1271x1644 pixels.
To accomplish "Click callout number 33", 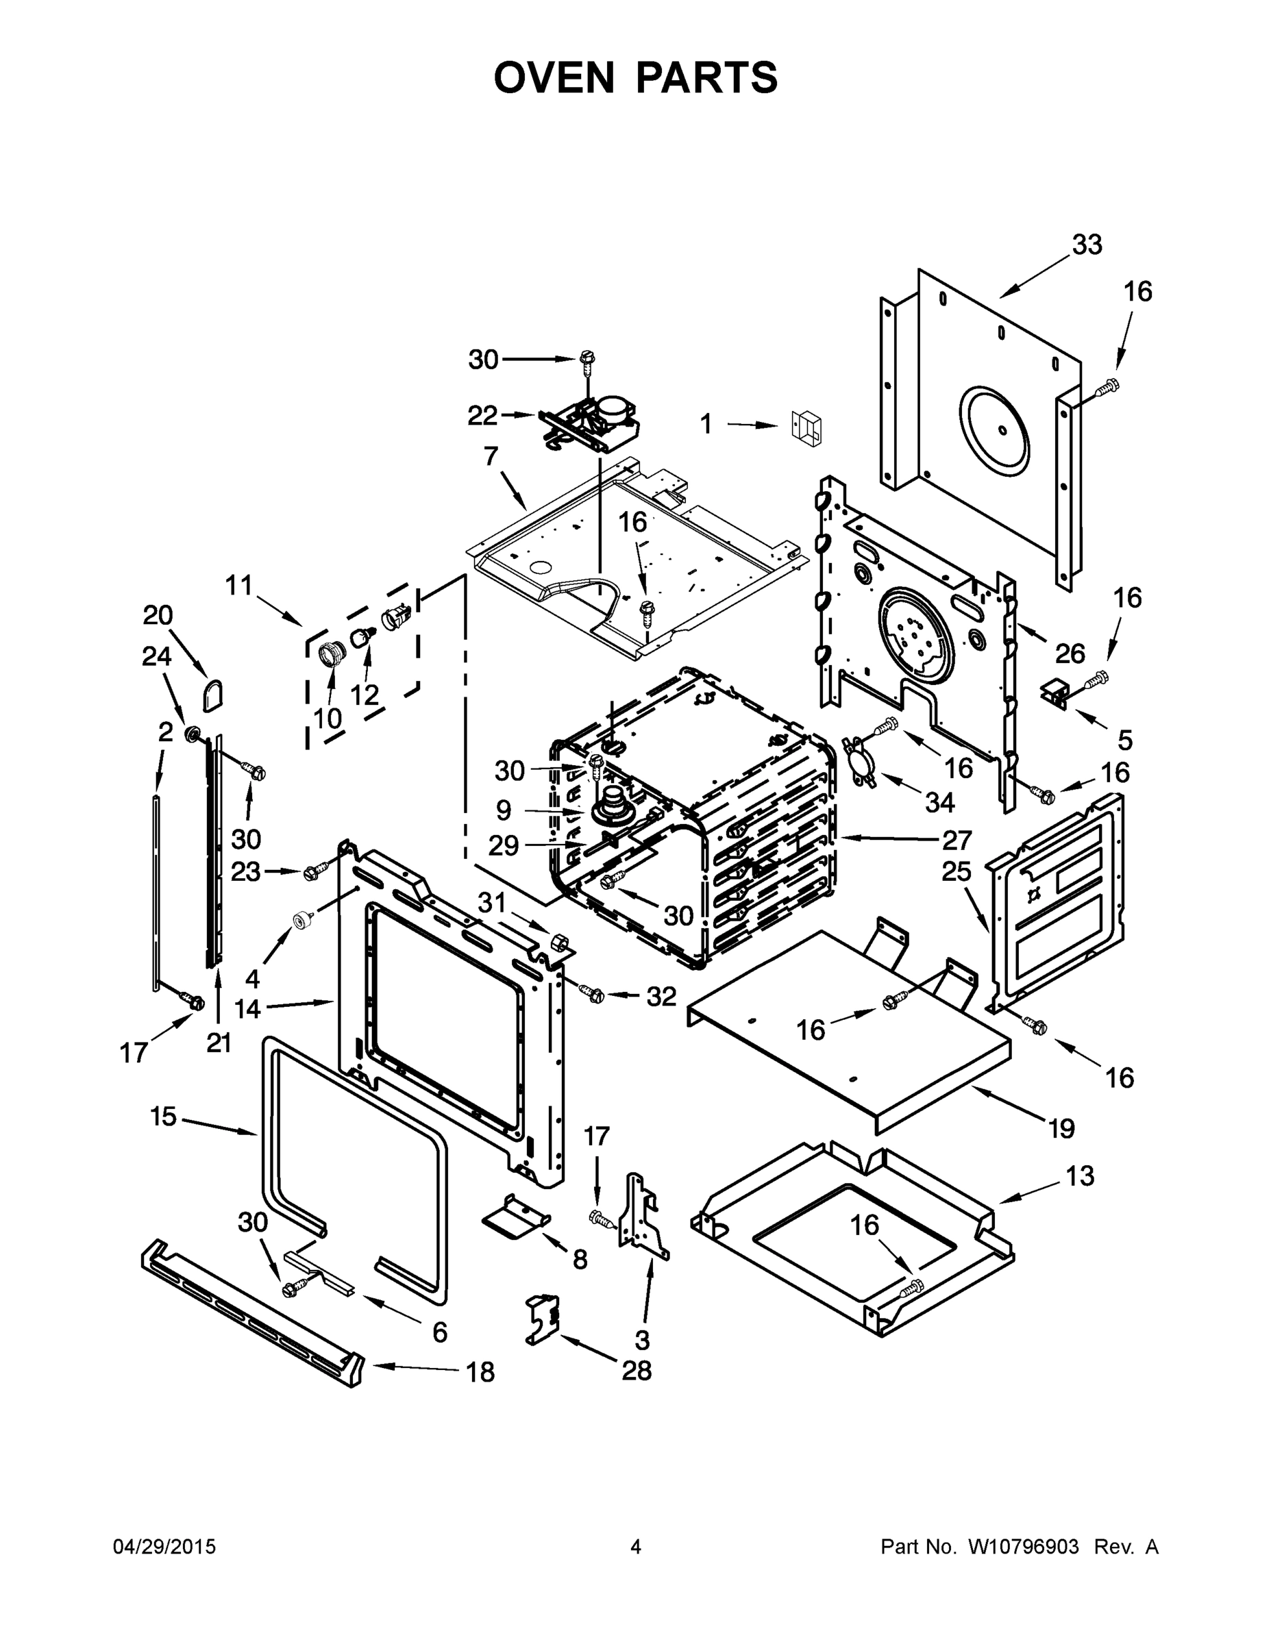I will pos(1087,245).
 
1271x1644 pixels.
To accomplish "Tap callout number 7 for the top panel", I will pos(491,456).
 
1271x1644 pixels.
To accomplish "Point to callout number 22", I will pos(482,416).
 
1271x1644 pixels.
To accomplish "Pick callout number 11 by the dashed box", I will pos(239,585).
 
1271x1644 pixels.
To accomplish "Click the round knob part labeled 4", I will pos(304,920).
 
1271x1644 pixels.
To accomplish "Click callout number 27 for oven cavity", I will pos(957,839).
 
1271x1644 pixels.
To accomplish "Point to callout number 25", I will pos(957,872).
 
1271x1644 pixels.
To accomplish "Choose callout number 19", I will pos(1061,1128).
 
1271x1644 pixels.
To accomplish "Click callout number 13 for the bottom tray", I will pos(1080,1175).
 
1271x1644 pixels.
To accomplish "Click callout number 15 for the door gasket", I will pos(162,1116).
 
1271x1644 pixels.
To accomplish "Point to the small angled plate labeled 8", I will pos(517,1219).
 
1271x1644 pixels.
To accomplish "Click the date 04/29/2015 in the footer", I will pos(164,1547).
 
